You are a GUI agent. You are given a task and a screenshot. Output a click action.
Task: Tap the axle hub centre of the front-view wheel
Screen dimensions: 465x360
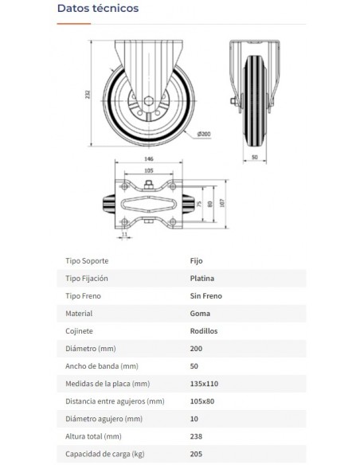pos(148,103)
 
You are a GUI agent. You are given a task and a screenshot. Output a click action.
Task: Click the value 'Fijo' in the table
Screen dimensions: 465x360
pos(198,261)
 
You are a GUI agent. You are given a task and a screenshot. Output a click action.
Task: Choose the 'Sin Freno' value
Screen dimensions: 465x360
pos(206,296)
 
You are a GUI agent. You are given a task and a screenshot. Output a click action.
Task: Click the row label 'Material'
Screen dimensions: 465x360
pos(79,314)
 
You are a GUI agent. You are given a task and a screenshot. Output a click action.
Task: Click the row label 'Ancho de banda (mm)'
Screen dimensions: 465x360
pos(101,366)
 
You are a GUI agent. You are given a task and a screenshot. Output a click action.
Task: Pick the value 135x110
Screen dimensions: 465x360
pos(205,384)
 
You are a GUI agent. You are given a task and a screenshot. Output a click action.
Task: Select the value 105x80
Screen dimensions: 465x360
pos(204,401)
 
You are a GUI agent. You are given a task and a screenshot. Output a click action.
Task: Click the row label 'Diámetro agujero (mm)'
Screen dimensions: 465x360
pos(104,419)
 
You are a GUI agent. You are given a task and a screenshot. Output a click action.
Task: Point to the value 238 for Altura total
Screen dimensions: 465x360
pos(197,436)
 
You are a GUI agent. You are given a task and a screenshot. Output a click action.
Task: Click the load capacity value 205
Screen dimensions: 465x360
pos(197,454)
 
